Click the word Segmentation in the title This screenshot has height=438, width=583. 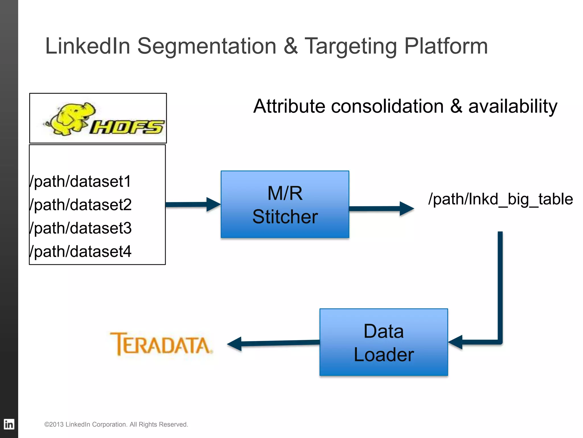pos(207,46)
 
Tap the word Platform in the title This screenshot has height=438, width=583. pos(446,46)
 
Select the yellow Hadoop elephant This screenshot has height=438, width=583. pos(70,118)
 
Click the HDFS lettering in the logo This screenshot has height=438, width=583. pos(127,127)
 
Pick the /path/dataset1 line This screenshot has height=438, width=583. pos(80,181)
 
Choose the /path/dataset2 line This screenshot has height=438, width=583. pos(80,205)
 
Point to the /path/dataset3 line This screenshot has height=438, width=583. pos(80,228)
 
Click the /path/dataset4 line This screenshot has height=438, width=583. pos(80,252)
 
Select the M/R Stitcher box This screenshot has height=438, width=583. pos(285,204)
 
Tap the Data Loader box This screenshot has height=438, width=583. pos(383,342)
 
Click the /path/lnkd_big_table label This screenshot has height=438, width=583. pos(500,199)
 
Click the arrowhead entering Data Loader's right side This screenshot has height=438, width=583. pos(455,342)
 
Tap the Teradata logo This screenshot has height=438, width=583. pos(161,344)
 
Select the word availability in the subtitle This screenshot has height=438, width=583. pos(512,106)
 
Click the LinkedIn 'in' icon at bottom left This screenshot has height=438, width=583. pos(9,424)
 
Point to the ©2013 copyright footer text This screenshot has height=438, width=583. pos(116,424)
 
